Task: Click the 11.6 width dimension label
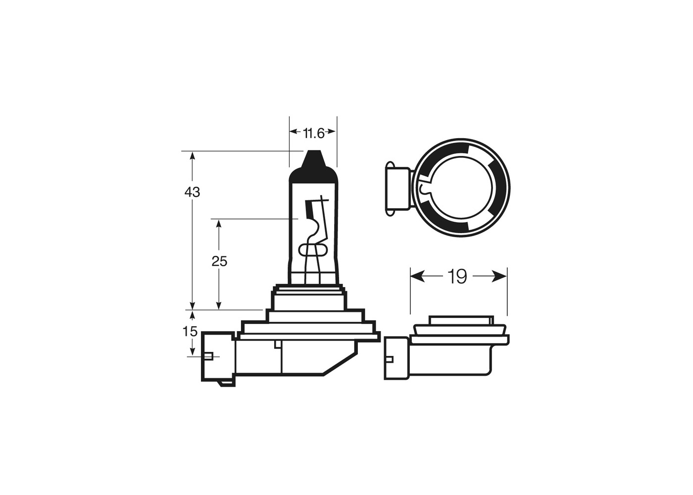(313, 133)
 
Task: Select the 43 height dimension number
(192, 192)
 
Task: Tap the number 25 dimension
(219, 261)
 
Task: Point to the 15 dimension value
(190, 331)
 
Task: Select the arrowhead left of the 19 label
(418, 276)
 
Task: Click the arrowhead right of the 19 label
(499, 276)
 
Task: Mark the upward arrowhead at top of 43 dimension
(193, 156)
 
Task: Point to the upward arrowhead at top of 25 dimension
(219, 224)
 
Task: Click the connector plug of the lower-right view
(396, 358)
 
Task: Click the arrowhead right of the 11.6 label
(331, 132)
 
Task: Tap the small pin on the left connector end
(207, 356)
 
